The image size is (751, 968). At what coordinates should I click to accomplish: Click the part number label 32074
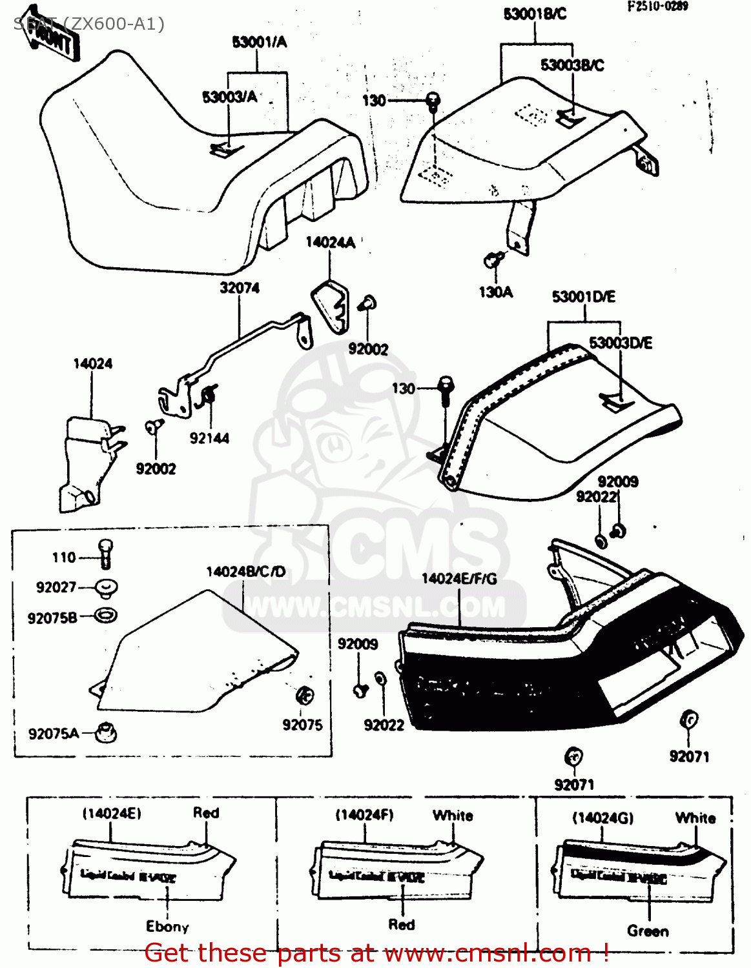coord(240,288)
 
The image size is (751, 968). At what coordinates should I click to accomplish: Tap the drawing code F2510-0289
coord(657,6)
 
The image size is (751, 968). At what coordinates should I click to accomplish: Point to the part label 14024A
coord(330,243)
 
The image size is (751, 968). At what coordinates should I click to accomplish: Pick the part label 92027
coord(56,587)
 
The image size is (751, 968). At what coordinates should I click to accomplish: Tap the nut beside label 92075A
coord(105,732)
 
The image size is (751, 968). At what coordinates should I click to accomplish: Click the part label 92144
coord(209,438)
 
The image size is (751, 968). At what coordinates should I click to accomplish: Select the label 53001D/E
coord(583,297)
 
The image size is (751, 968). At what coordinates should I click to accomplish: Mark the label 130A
coord(495,292)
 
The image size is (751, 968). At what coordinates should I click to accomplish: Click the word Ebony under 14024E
coord(167,927)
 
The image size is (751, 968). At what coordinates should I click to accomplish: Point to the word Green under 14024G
coord(648,931)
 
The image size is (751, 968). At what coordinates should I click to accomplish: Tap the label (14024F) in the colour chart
coord(364,815)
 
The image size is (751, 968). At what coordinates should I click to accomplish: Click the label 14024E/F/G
coord(459,579)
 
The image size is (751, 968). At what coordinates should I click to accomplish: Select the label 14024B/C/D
coord(245,572)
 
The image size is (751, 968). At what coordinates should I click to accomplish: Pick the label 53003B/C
coord(572,65)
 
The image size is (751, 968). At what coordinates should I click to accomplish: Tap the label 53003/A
coord(229,97)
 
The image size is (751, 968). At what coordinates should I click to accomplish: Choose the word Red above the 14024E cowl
coord(206,813)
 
